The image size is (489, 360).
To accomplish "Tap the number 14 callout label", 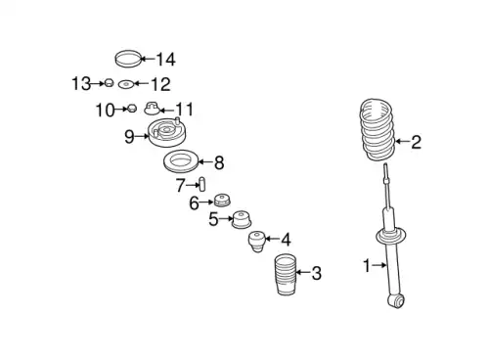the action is pyautogui.click(x=166, y=60).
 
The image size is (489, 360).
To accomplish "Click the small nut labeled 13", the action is pyautogui.click(x=109, y=83).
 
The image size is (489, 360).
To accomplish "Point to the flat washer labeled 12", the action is pyautogui.click(x=126, y=84).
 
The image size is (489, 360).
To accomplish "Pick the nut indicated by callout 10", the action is pyautogui.click(x=131, y=109).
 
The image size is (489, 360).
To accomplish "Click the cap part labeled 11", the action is pyautogui.click(x=152, y=109).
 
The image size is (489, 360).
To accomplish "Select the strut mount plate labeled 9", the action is pyautogui.click(x=167, y=133).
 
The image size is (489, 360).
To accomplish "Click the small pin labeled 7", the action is pyautogui.click(x=201, y=184).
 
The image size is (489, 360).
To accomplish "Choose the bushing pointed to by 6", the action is pyautogui.click(x=222, y=201).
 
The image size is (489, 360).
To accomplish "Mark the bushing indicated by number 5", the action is pyautogui.click(x=242, y=219).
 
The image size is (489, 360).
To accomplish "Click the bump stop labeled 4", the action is pyautogui.click(x=257, y=242).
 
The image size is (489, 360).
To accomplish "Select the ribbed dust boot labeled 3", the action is pyautogui.click(x=286, y=275).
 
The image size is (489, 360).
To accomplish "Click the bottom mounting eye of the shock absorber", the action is pyautogui.click(x=396, y=300).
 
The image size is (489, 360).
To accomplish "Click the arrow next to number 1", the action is pyautogui.click(x=379, y=265).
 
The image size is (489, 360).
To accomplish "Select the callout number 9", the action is pyautogui.click(x=129, y=136).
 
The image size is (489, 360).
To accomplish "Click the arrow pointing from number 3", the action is pyautogui.click(x=303, y=272).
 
